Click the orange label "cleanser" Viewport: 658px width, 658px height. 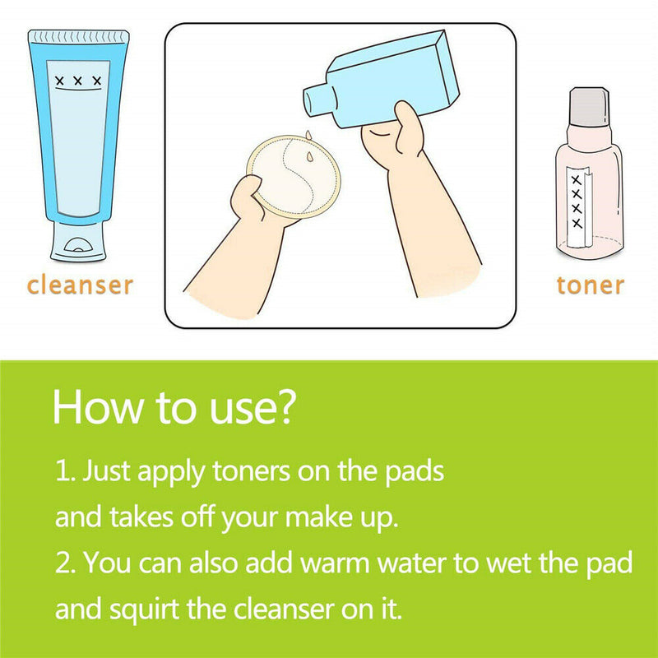coord(80,285)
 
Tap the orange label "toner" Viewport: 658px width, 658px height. coord(591,285)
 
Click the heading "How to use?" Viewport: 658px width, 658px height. coord(174,407)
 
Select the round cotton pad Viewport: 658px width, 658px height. coord(294,176)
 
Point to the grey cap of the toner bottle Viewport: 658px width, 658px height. coord(589,107)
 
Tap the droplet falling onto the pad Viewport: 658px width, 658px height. coord(310,156)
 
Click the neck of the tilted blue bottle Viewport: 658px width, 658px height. coord(320,99)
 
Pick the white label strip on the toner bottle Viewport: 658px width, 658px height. coord(578,206)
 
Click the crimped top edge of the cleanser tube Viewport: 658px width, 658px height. coord(78,36)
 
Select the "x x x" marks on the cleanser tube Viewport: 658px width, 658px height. coord(78,80)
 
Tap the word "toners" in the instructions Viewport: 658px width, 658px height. coord(252,470)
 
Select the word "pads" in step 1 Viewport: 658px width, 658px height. coord(415,470)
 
